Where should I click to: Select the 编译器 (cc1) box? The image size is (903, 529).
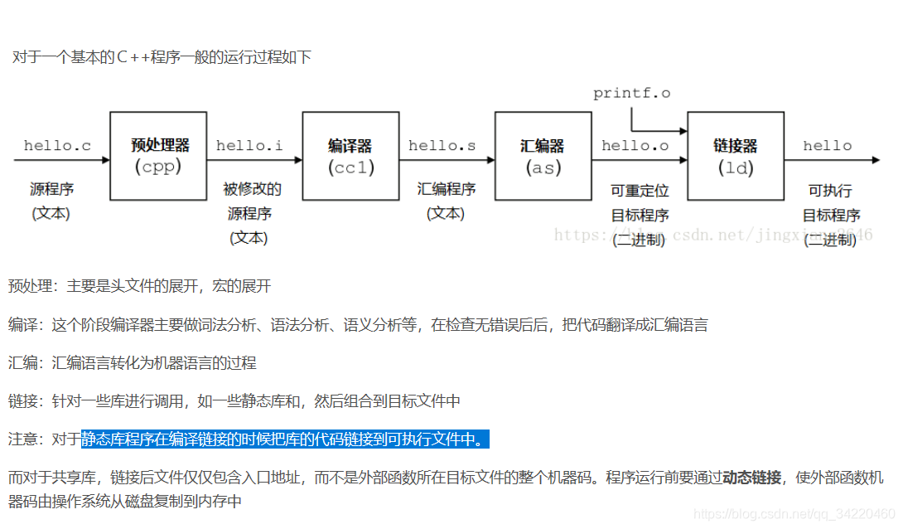(x=350, y=156)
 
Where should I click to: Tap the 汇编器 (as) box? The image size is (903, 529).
(x=543, y=156)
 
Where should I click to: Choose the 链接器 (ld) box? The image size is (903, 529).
(x=736, y=156)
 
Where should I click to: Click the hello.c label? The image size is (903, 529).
(x=57, y=146)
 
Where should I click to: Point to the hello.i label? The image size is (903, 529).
(x=249, y=146)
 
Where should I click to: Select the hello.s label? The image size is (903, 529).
(x=442, y=146)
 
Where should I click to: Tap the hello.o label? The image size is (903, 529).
(x=635, y=146)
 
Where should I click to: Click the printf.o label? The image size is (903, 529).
(x=631, y=93)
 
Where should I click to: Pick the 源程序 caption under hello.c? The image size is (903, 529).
(x=51, y=189)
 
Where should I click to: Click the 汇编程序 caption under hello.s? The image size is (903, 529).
(x=446, y=189)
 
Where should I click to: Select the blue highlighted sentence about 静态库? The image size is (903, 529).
(x=285, y=439)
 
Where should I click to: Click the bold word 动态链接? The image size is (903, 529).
(x=751, y=478)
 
